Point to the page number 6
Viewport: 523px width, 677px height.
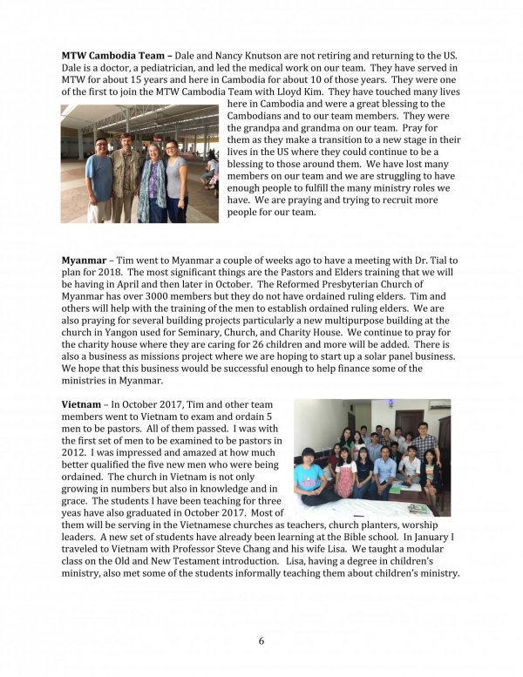(261, 641)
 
